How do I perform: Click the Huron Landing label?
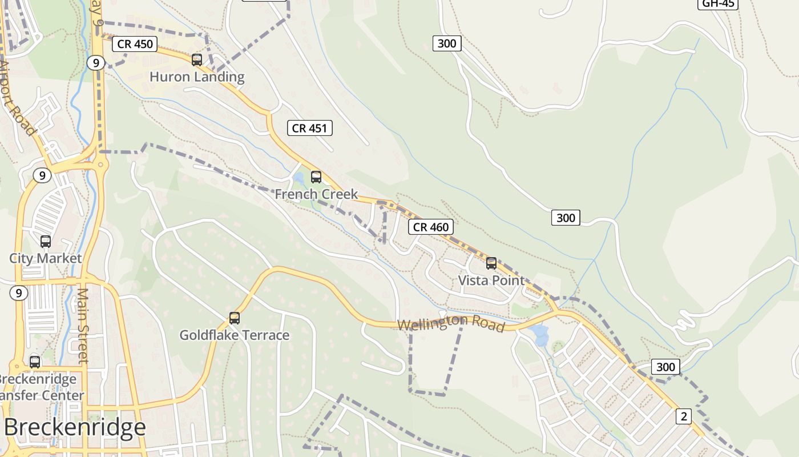pyautogui.click(x=197, y=77)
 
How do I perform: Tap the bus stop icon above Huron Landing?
pyautogui.click(x=197, y=59)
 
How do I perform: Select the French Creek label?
pyautogui.click(x=316, y=194)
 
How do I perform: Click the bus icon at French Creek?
pyautogui.click(x=316, y=177)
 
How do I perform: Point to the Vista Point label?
pyautogui.click(x=491, y=280)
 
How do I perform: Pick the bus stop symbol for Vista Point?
pyautogui.click(x=491, y=263)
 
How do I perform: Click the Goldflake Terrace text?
pyautogui.click(x=235, y=335)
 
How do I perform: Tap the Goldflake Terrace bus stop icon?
pyautogui.click(x=235, y=318)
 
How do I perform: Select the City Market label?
pyautogui.click(x=46, y=258)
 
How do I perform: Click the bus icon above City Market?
pyautogui.click(x=46, y=242)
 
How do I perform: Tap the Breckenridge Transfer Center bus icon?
pyautogui.click(x=35, y=362)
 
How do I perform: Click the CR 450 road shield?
pyautogui.click(x=135, y=44)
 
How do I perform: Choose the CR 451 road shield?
pyautogui.click(x=309, y=128)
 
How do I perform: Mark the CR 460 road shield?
pyautogui.click(x=431, y=227)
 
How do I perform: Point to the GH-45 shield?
pyautogui.click(x=718, y=4)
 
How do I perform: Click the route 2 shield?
pyautogui.click(x=684, y=416)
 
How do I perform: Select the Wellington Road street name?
pyautogui.click(x=451, y=323)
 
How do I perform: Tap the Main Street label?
pyautogui.click(x=83, y=326)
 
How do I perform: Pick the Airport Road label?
pyautogui.click(x=17, y=97)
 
